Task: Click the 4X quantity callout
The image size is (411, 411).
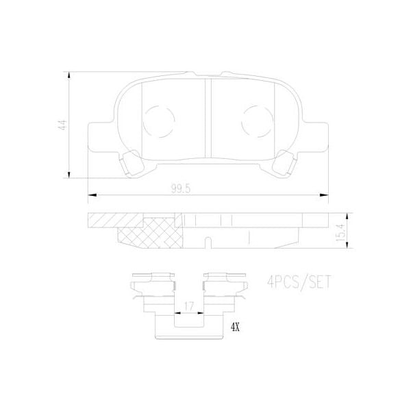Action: point(235,327)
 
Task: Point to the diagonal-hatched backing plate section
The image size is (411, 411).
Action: point(113,221)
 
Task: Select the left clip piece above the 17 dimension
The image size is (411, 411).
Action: point(151,288)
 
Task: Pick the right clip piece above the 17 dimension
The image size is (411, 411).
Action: point(224,288)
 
